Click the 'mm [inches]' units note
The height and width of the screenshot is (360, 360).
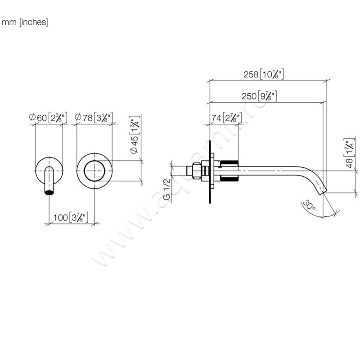click(x=25, y=22)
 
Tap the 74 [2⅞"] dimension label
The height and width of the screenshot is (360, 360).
click(x=227, y=118)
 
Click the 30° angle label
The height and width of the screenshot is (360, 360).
click(x=308, y=207)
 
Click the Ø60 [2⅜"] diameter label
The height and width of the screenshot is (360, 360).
click(x=48, y=118)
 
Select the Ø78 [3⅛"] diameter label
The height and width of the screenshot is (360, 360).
click(x=94, y=118)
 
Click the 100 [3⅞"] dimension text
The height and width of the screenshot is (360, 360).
click(x=70, y=218)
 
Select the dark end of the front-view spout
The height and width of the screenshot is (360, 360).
click(x=49, y=193)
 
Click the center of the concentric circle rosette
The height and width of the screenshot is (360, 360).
click(x=94, y=171)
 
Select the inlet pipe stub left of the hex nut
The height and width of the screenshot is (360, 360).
click(x=181, y=171)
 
